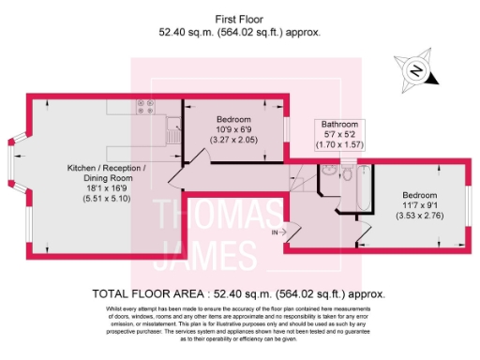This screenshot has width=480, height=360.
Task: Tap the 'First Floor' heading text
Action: coord(240,19)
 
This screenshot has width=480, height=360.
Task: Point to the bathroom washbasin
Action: coord(325,171)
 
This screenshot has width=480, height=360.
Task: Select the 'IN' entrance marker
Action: coord(277,231)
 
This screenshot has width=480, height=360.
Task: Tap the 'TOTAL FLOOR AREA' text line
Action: coord(240,292)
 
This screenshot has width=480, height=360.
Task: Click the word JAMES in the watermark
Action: coord(203,253)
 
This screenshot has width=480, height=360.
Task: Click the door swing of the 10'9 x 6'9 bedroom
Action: coord(181,171)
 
